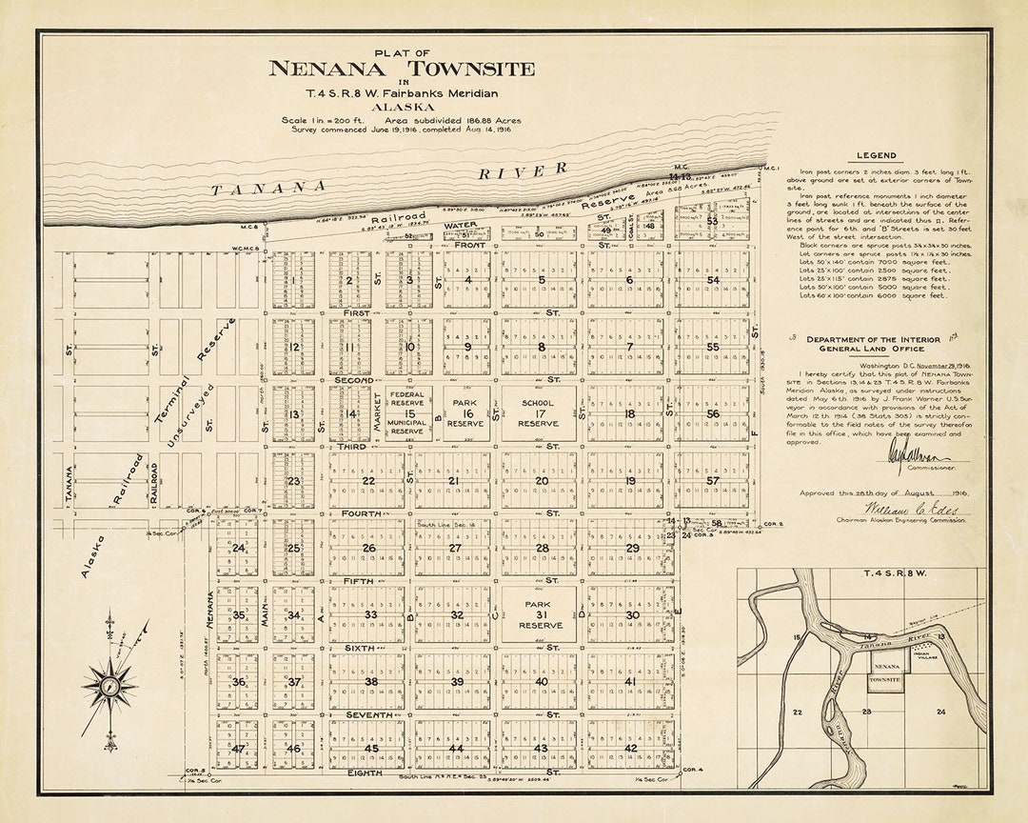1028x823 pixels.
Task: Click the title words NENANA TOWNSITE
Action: pyautogui.click(x=401, y=69)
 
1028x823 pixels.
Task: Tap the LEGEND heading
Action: pyautogui.click(x=875, y=155)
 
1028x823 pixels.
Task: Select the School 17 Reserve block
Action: pyautogui.click(x=538, y=413)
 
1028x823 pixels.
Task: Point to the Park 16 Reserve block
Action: pyautogui.click(x=466, y=413)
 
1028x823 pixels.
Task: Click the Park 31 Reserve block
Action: pyautogui.click(x=538, y=614)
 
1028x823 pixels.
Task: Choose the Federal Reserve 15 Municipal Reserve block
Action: pyautogui.click(x=409, y=413)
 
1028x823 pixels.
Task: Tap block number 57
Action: pyautogui.click(x=713, y=481)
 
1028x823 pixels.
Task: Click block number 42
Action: pyautogui.click(x=630, y=748)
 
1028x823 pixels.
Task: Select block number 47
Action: pyautogui.click(x=237, y=748)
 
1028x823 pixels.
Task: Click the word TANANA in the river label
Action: pyautogui.click(x=268, y=188)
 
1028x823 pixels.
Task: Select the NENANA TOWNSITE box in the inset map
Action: pyautogui.click(x=886, y=674)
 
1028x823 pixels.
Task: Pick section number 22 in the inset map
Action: pyautogui.click(x=797, y=712)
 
